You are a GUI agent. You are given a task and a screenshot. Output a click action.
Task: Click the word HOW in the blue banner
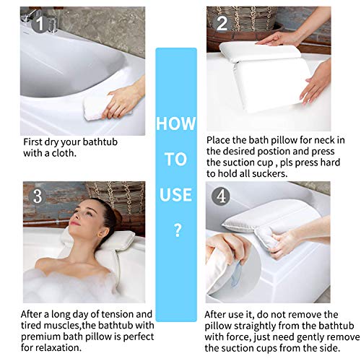click(x=175, y=124)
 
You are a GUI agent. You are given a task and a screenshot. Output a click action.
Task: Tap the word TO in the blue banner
click(x=175, y=159)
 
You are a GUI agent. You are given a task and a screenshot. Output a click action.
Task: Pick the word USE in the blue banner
click(x=175, y=194)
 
